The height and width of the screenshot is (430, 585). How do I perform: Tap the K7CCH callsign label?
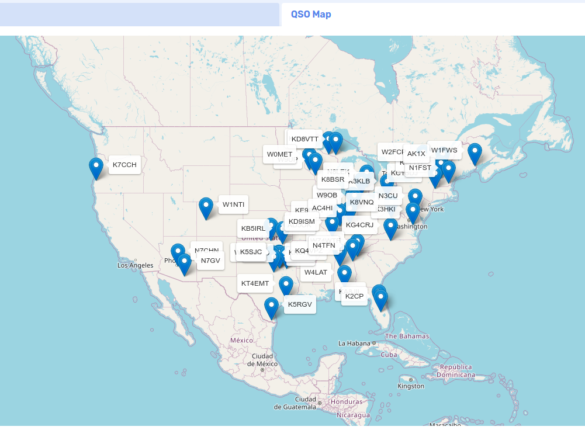(x=124, y=165)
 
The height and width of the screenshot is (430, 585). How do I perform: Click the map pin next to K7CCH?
(x=96, y=168)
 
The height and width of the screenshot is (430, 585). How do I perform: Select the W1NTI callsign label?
(x=233, y=204)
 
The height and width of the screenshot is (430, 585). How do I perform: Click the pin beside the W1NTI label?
(x=206, y=208)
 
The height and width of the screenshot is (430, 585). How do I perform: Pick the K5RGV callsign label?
(x=300, y=304)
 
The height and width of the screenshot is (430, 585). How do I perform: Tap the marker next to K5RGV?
(x=271, y=308)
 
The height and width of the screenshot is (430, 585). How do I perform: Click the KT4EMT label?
(x=255, y=283)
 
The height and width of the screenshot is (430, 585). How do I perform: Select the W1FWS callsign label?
(x=444, y=150)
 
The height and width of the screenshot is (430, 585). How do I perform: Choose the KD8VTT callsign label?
(x=304, y=139)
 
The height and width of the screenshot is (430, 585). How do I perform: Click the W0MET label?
(x=279, y=154)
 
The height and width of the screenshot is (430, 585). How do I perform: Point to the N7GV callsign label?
(x=210, y=261)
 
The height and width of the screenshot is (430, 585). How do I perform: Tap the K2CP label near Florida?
(x=354, y=297)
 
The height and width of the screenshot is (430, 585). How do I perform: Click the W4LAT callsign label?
(x=316, y=272)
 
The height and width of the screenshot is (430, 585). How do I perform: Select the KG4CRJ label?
(x=359, y=225)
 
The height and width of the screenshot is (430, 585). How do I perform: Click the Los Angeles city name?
(x=135, y=265)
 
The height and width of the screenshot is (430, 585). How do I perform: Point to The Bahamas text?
(x=407, y=336)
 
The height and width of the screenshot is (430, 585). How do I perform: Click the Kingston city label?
(x=411, y=386)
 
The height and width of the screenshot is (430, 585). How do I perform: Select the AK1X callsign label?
(x=416, y=154)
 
